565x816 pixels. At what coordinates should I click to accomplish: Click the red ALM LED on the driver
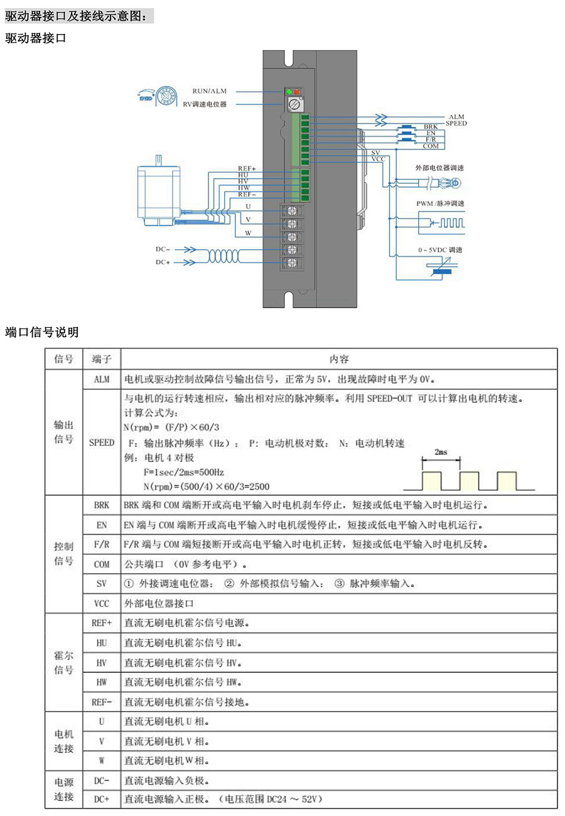pos(297,93)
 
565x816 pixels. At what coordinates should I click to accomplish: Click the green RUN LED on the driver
pos(289,93)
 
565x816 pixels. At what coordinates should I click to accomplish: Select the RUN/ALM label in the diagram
pos(209,91)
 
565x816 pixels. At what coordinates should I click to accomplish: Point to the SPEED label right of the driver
pos(456,124)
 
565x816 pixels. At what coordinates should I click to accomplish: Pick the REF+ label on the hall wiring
pos(247,168)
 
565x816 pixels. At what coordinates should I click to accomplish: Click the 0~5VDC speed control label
pos(440,250)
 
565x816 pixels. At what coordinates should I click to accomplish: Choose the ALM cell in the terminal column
pos(101,379)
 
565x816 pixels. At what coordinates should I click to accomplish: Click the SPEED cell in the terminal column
pos(101,442)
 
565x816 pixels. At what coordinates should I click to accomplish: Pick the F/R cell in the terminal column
pos(101,544)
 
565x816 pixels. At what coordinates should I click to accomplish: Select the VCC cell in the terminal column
pos(101,603)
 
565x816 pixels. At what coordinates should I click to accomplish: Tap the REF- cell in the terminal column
pos(101,702)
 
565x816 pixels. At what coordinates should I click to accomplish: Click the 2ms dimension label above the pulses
pos(441,452)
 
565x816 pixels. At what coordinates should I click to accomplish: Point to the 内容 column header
pos(339,359)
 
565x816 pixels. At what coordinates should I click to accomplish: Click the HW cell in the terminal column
pos(101,682)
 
